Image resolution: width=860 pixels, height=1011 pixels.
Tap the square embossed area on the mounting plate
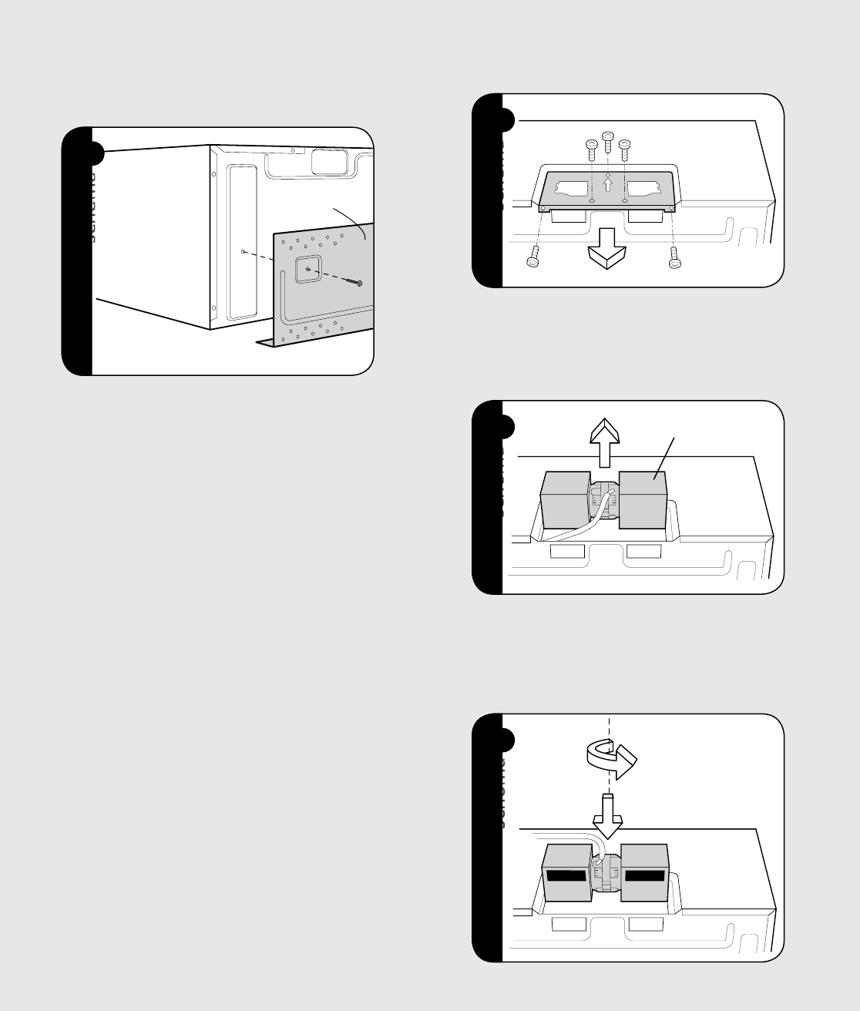click(307, 270)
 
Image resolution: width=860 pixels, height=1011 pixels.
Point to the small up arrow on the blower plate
click(608, 185)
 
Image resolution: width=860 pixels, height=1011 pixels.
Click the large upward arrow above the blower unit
click(605, 438)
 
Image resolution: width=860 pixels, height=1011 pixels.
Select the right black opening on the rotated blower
click(644, 875)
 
